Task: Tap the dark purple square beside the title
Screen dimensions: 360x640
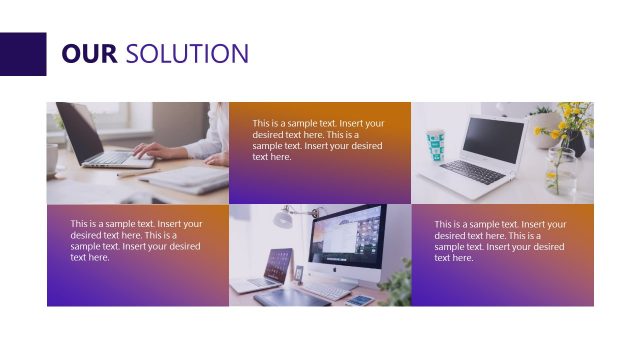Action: point(23,54)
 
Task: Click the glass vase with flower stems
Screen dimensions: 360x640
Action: point(561,176)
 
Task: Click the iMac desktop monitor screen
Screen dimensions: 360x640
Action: point(346,239)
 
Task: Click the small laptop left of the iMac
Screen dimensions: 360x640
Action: point(277,268)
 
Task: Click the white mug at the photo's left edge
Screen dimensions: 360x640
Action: point(52,158)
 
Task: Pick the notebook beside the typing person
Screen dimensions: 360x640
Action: point(190,180)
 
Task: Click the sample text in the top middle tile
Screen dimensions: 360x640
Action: point(319,139)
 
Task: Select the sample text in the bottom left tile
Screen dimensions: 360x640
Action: point(136,240)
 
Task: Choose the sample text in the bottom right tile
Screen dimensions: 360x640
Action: point(501,240)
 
